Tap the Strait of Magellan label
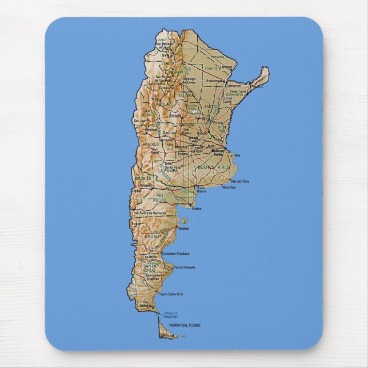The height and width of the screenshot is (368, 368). (171, 314)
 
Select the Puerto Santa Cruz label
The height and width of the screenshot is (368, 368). (171, 294)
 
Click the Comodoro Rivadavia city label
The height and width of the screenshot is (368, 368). (175, 253)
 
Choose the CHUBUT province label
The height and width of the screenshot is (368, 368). (153, 235)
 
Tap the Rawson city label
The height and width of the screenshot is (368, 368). (183, 228)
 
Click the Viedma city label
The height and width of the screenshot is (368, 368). (196, 208)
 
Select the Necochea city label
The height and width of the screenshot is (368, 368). (229, 187)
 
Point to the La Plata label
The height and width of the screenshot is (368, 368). (235, 155)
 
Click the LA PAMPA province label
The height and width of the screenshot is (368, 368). (169, 170)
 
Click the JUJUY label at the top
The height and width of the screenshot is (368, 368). (163, 40)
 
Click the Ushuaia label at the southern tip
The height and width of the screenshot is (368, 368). (167, 335)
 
